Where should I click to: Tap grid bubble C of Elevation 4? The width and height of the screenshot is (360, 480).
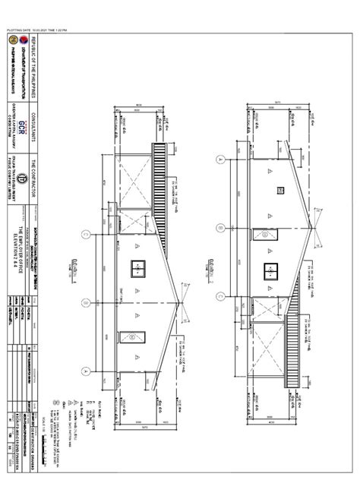pos(88,293)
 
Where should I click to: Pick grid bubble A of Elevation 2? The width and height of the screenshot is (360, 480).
pos(220,159)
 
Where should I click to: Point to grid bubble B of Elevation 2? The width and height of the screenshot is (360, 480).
pos(220,226)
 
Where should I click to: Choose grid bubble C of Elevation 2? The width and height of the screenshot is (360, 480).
pos(220,295)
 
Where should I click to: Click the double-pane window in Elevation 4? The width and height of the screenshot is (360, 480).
pos(157,268)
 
